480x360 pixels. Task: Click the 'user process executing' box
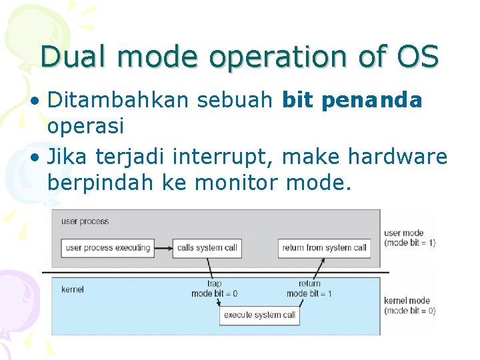click(107, 248)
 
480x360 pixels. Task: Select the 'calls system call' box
click(207, 248)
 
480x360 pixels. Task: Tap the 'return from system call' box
click(324, 248)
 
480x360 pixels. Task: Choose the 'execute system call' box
click(259, 315)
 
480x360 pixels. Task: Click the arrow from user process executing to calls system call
click(163, 248)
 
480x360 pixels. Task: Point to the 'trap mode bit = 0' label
click(214, 289)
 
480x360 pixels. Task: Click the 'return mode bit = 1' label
click(309, 289)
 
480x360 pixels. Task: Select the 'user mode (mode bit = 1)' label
click(409, 238)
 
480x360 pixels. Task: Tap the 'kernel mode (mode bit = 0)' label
click(409, 305)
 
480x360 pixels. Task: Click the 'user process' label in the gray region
click(85, 221)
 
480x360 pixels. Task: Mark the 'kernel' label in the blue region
click(73, 289)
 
